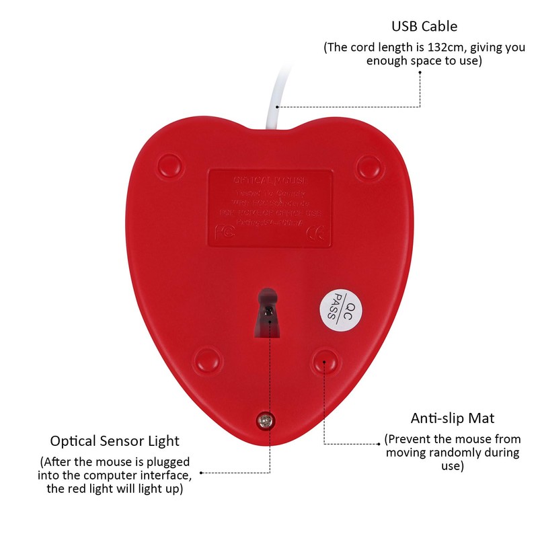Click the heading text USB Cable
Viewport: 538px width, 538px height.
[x=424, y=27]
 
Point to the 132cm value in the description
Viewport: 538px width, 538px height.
[x=430, y=48]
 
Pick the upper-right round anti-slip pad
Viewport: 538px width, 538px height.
[x=369, y=165]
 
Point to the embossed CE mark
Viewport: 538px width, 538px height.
[x=316, y=232]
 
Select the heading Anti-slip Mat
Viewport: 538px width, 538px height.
[x=452, y=418]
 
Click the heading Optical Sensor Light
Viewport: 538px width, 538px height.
[x=115, y=441]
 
